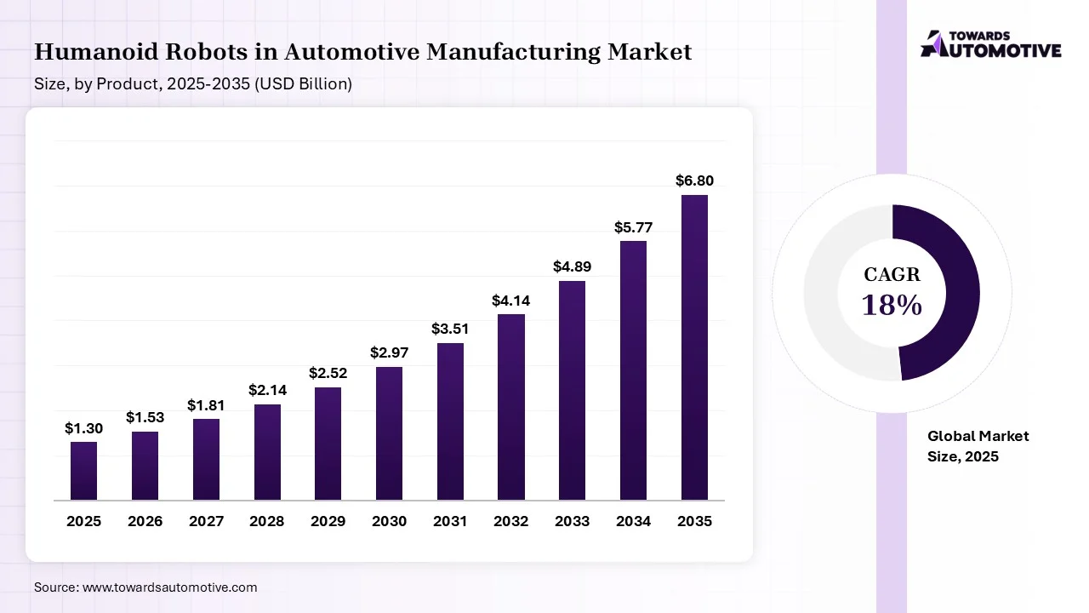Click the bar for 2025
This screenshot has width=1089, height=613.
click(x=83, y=470)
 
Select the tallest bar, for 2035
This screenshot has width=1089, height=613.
click(x=694, y=347)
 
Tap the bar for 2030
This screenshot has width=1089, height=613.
click(x=389, y=433)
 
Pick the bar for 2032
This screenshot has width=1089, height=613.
click(x=511, y=406)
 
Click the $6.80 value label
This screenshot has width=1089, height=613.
click(x=694, y=180)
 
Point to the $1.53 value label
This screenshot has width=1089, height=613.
click(x=145, y=417)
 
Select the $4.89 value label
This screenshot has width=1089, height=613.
click(x=572, y=266)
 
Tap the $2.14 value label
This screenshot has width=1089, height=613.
click(x=267, y=390)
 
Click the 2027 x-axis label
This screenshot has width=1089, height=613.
click(x=206, y=521)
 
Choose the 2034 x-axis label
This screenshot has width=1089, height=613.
click(x=633, y=521)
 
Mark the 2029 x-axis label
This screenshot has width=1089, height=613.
click(x=328, y=521)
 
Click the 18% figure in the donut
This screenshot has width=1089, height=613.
click(x=892, y=305)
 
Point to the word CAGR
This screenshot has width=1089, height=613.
click(x=892, y=274)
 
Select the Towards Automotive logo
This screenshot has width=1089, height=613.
click(x=991, y=44)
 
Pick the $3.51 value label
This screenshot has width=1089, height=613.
click(x=450, y=329)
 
